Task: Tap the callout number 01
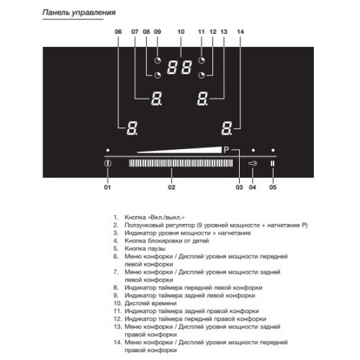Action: click(x=108, y=188)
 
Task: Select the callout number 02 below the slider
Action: click(x=171, y=188)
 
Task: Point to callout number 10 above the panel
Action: click(x=181, y=32)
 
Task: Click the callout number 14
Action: click(x=240, y=32)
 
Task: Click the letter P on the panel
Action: click(x=225, y=150)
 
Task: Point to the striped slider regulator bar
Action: click(x=181, y=164)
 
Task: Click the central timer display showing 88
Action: click(x=179, y=68)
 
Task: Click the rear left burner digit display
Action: click(x=156, y=99)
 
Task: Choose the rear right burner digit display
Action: click(x=203, y=99)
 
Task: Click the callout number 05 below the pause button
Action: click(x=273, y=188)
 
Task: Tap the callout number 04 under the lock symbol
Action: click(x=252, y=188)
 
